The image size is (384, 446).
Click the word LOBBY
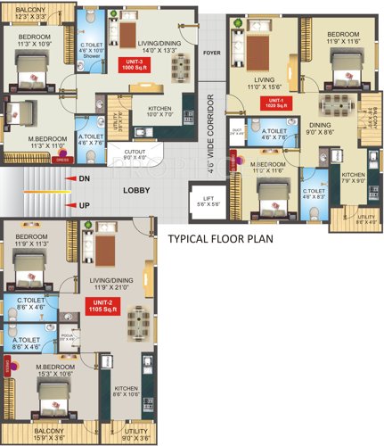pos(136,190)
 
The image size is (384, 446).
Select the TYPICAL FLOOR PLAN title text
pos(220,240)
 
